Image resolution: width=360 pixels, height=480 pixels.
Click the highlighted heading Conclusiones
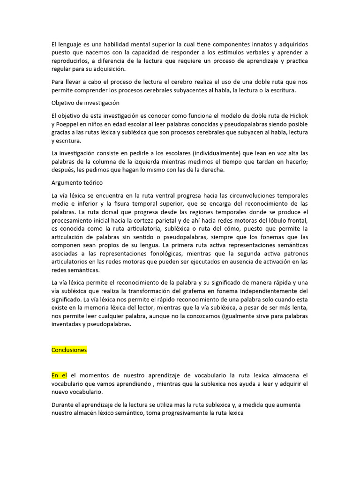[69, 350]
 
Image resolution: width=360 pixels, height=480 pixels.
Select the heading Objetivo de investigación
[85, 103]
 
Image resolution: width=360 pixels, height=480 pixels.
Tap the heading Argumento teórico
[77, 182]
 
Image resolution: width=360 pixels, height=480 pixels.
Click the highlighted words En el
[59, 375]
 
